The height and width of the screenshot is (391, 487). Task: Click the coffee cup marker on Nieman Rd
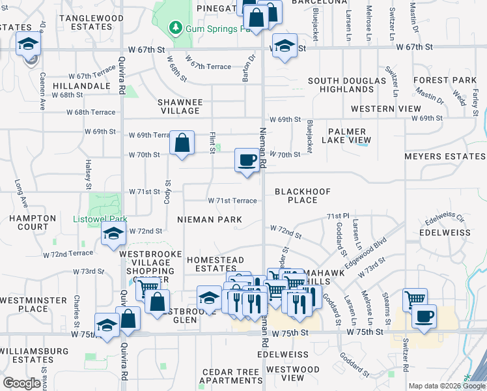coord(247,160)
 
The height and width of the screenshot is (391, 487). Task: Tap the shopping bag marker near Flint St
coord(182,143)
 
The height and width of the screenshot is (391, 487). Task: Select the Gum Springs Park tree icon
coord(174,29)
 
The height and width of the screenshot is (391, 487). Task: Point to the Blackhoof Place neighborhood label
coord(302,195)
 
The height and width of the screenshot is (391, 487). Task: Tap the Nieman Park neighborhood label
coord(209,220)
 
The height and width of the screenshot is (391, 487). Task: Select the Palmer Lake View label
coord(350,135)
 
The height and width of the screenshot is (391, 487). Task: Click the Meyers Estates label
coord(445,156)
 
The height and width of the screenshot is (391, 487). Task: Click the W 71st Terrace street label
coord(232,201)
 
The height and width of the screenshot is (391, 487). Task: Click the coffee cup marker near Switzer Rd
coord(424,317)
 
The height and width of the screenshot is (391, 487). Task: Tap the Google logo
coord(21,383)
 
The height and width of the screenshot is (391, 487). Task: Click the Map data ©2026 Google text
coord(447,386)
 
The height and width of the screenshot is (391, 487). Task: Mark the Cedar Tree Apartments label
coord(232,376)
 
